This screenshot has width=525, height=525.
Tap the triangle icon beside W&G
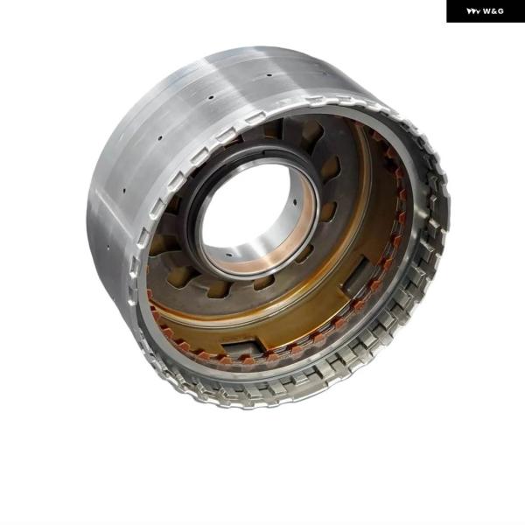pyautogui.click(x=473, y=11)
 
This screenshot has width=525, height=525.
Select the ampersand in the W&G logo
pyautogui.click(x=493, y=11)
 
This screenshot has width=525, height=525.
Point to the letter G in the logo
pyautogui.click(x=500, y=11)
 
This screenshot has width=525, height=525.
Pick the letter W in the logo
pyautogui.click(x=486, y=11)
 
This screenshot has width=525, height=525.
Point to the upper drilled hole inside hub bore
pyautogui.click(x=295, y=202)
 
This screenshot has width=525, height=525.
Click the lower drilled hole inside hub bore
pyautogui.click(x=228, y=255)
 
